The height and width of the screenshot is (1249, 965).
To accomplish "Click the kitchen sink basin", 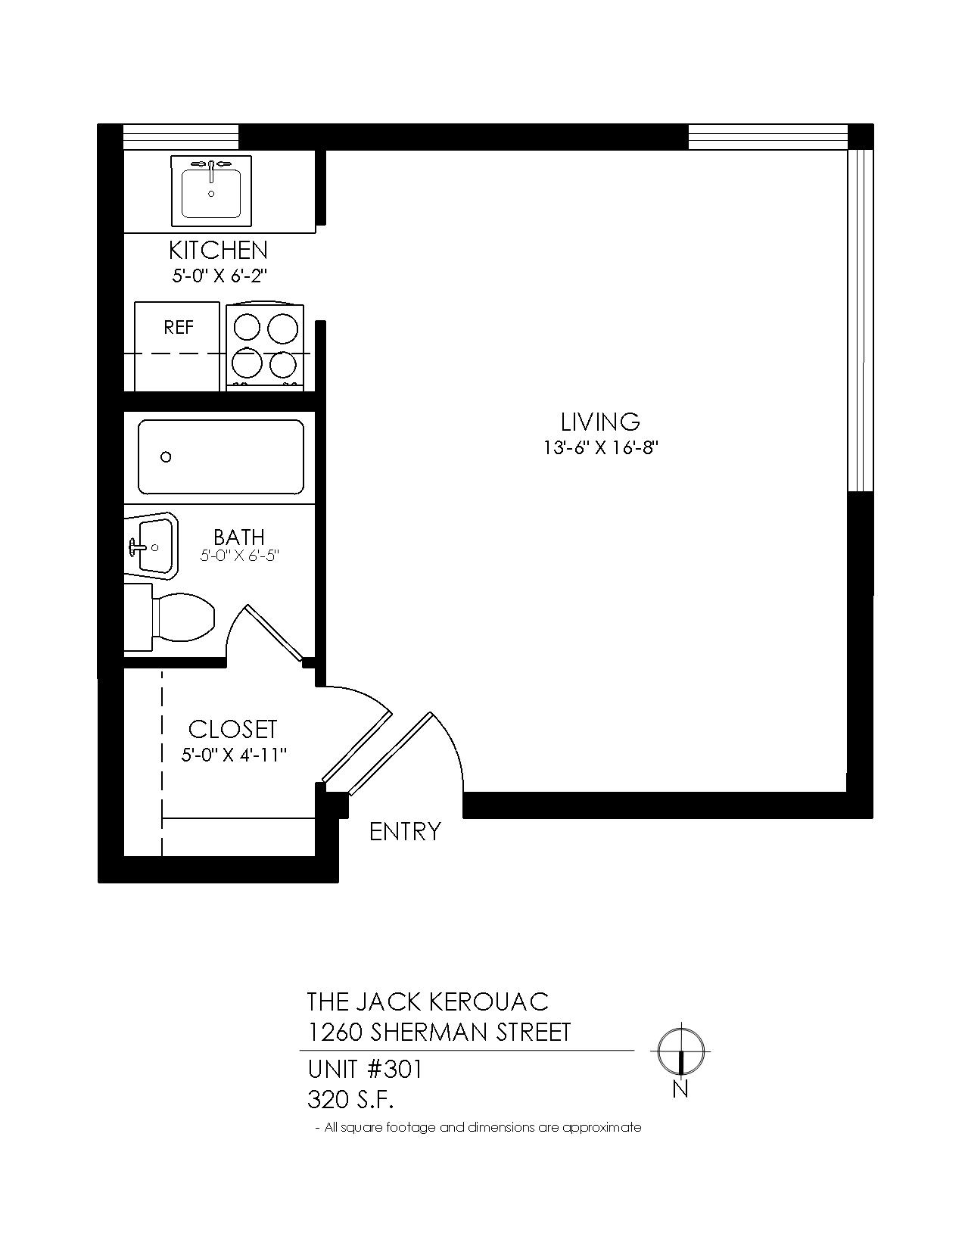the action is click(x=211, y=193).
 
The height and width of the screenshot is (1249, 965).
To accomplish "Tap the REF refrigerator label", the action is click(x=179, y=328).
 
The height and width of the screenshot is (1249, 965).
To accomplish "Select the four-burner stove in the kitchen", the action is click(x=265, y=346).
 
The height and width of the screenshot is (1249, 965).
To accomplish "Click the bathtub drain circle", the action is click(x=166, y=457).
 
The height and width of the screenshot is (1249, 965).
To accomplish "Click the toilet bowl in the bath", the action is click(x=182, y=618).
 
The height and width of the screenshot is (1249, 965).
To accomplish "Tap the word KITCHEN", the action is click(x=219, y=251).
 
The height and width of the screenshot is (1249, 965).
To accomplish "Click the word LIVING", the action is click(x=600, y=422).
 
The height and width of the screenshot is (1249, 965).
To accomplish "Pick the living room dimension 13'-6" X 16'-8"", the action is click(x=601, y=447).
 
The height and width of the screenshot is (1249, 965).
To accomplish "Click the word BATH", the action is click(x=239, y=537).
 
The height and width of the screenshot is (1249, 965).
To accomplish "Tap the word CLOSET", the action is click(x=233, y=730).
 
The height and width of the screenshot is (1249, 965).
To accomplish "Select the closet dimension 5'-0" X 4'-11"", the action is click(x=234, y=755).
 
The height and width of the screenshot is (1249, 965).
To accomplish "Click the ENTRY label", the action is click(x=405, y=832).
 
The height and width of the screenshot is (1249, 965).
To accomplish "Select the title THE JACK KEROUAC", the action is click(x=428, y=1001).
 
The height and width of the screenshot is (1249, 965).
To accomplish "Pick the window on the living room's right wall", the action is click(x=861, y=321).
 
